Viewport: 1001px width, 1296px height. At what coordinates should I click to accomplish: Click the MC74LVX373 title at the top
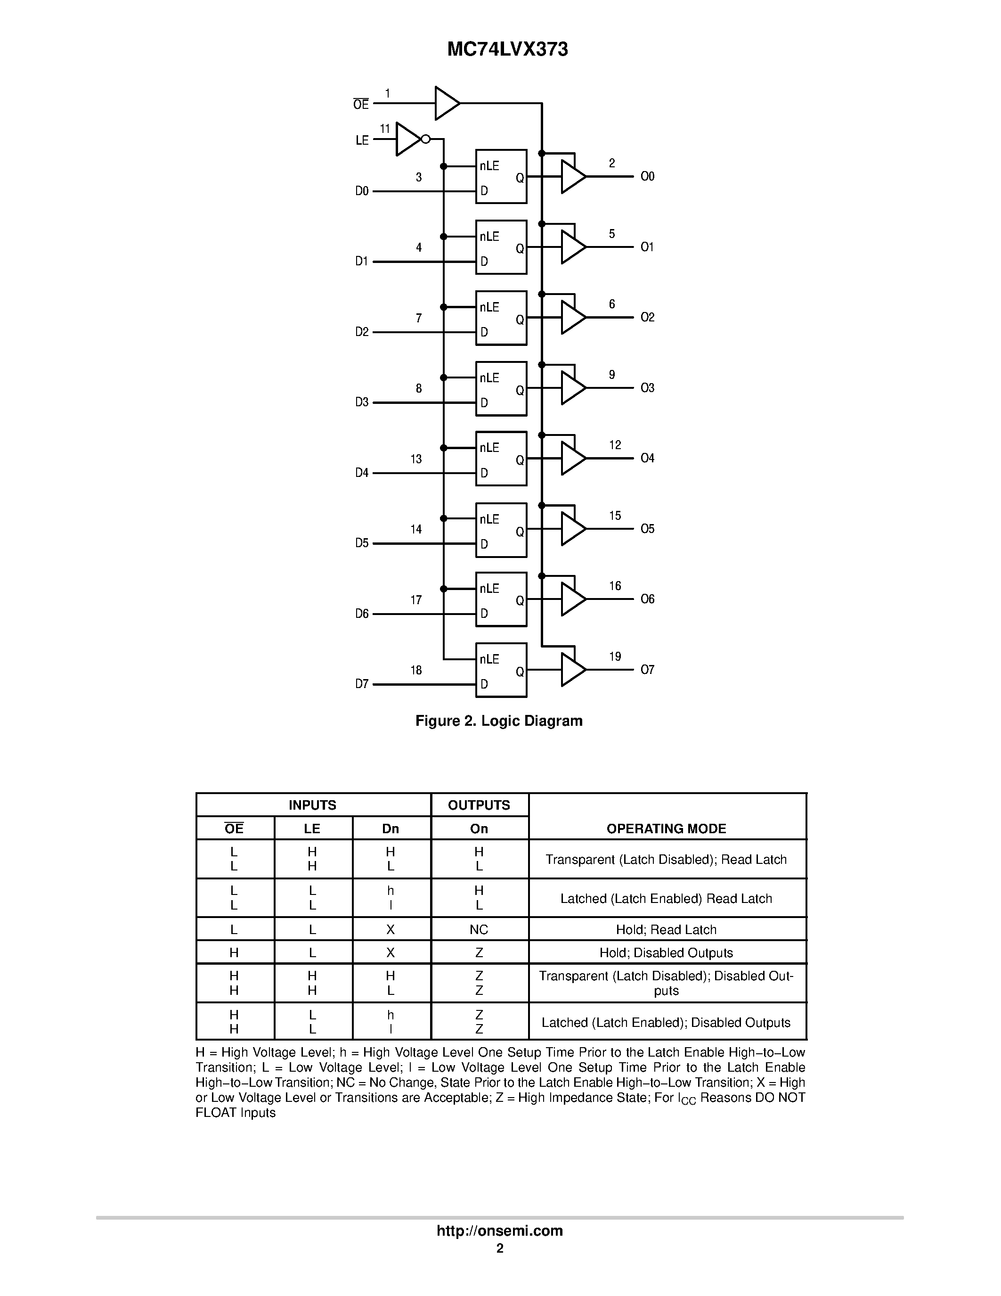pos(507,50)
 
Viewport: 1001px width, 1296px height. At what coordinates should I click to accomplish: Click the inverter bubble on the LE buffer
pos(425,139)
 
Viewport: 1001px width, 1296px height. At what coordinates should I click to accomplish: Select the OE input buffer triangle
pos(446,103)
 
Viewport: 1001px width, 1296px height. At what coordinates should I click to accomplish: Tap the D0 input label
pos(362,191)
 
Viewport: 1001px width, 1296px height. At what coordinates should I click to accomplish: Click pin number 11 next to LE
pos(385,129)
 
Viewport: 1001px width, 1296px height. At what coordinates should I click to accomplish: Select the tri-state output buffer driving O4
pos(572,459)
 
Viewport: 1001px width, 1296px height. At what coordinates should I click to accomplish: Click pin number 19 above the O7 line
pos(615,656)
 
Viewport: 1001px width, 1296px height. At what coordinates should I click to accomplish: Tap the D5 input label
pos(362,543)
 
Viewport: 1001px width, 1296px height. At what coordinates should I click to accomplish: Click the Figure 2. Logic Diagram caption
pos(499,721)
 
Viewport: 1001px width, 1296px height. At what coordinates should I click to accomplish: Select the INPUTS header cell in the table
pos(312,805)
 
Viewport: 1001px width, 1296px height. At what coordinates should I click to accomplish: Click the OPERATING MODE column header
pos(666,828)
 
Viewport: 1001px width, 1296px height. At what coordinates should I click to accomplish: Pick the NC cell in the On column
pos(479,930)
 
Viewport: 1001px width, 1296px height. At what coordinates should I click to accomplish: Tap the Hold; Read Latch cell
pos(666,930)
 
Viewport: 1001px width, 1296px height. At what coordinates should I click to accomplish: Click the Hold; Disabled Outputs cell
pos(666,953)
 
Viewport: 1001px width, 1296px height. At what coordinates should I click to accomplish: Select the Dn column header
pos(390,829)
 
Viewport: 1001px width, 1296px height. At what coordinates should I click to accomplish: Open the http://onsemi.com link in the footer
pos(499,1230)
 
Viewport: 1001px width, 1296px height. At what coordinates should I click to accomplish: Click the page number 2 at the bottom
pos(500,1248)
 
